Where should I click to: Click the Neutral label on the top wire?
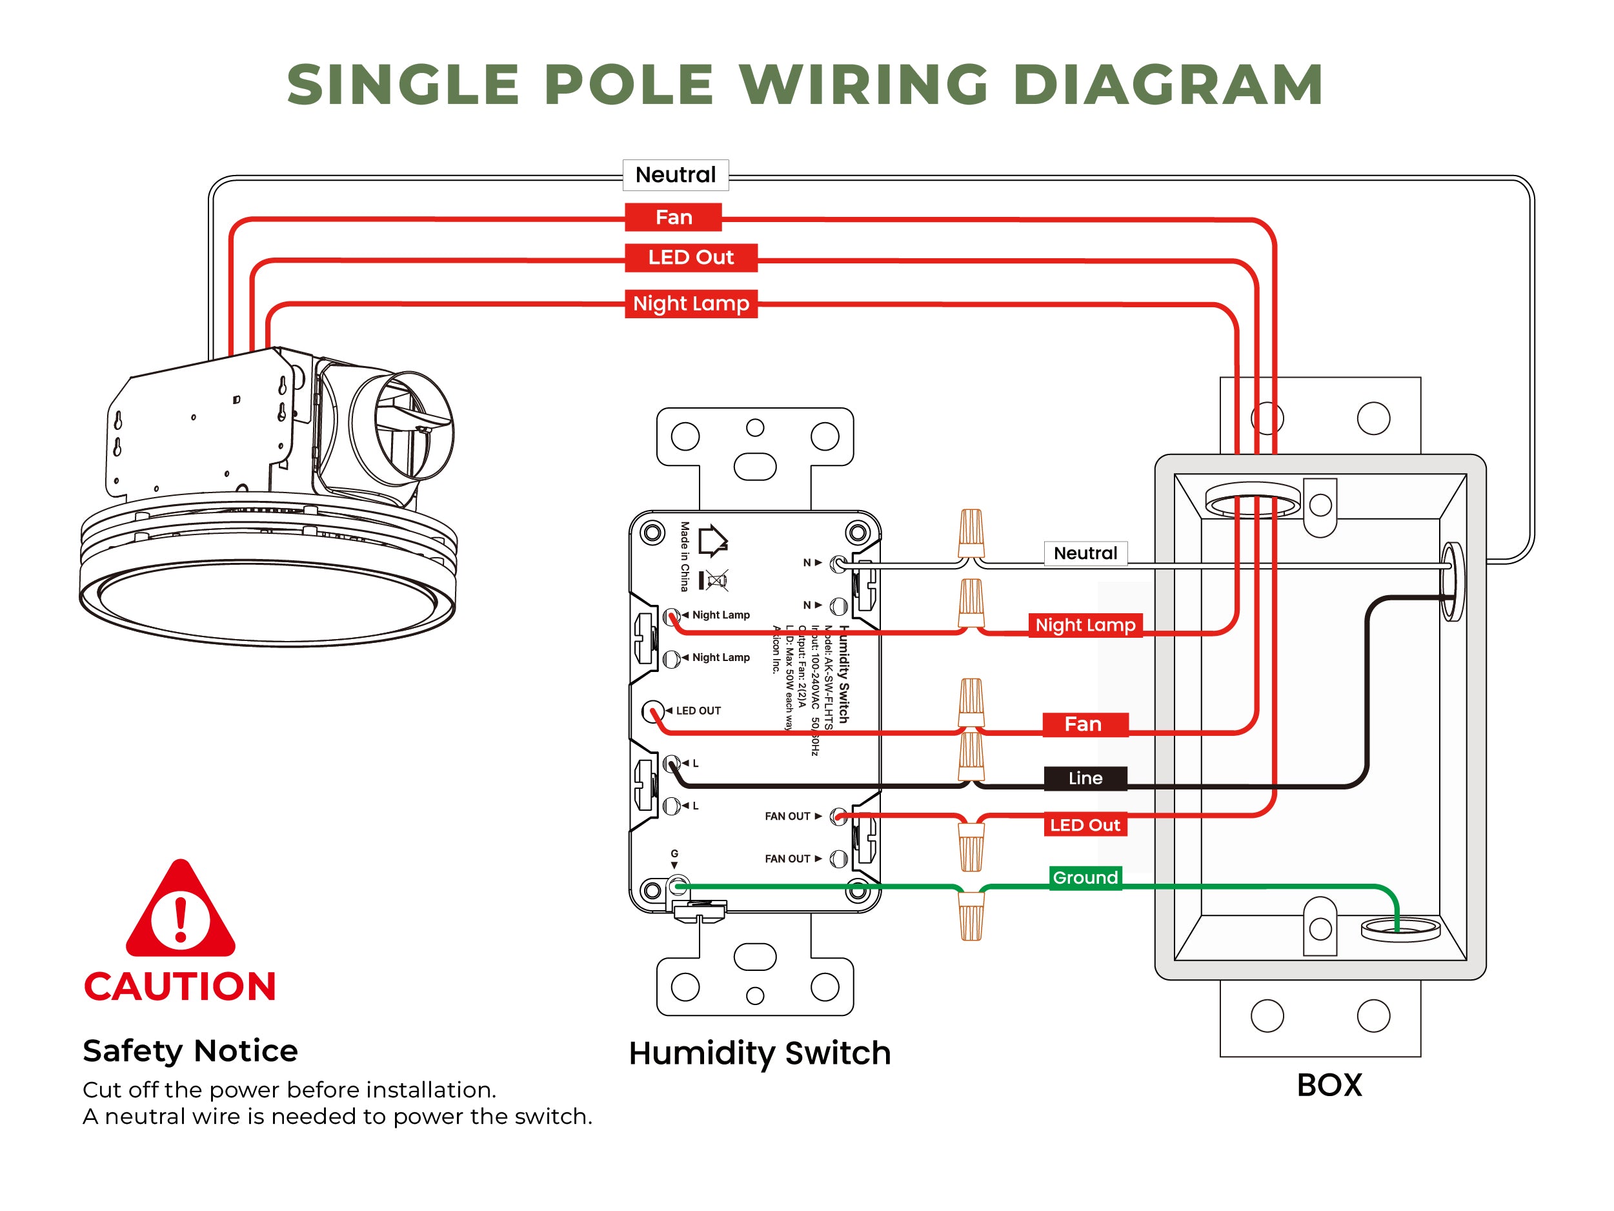(675, 175)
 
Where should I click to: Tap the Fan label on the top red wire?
(672, 218)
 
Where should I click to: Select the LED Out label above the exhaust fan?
(691, 258)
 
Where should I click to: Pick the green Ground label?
(1085, 877)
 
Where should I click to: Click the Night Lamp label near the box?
(1085, 626)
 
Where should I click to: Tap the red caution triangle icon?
(180, 913)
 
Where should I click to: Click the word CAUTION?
(180, 987)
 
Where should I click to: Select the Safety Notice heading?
(190, 1051)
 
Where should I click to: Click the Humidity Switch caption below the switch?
(760, 1053)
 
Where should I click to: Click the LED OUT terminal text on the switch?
(698, 711)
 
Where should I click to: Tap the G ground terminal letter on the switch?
(674, 853)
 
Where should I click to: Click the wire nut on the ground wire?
(971, 916)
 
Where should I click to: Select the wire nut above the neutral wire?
(971, 533)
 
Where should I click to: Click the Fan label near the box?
(1084, 725)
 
